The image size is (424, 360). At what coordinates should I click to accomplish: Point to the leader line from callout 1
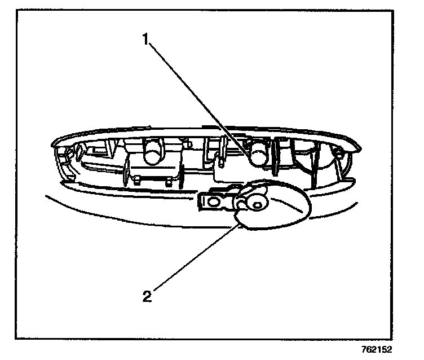197,96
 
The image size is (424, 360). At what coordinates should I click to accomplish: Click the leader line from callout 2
192,260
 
